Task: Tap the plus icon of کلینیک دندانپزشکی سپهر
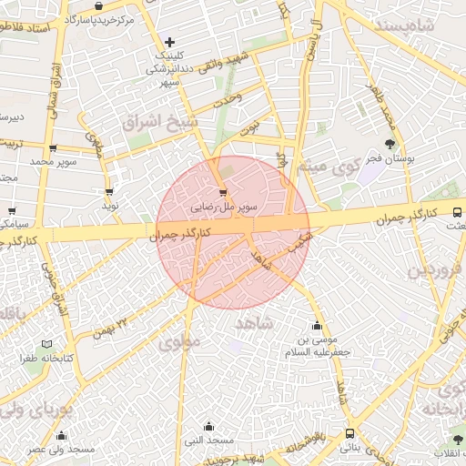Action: [169, 42]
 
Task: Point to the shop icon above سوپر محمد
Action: [53, 148]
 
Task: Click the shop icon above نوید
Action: [110, 192]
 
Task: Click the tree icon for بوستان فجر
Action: [390, 143]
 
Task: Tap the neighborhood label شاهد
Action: [254, 323]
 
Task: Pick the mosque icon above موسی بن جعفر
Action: [317, 326]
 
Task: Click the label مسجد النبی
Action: [209, 440]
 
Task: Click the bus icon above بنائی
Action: [350, 434]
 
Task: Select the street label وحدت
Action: [226, 99]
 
